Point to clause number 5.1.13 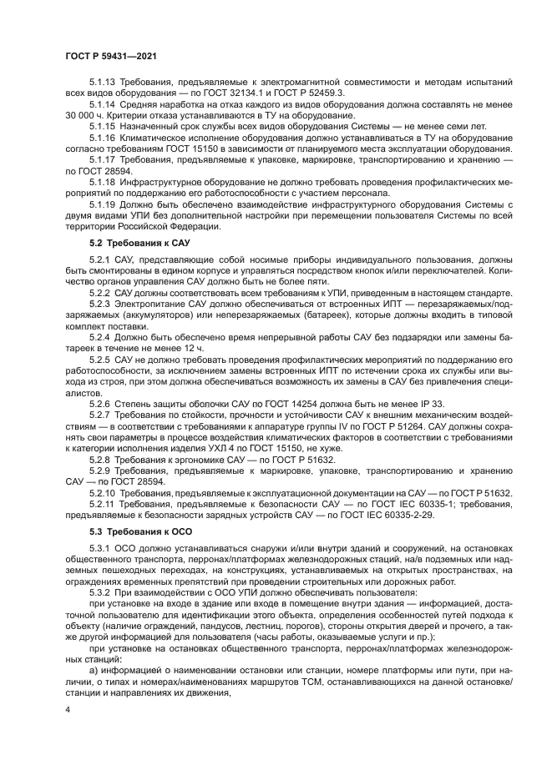pyautogui.click(x=103, y=83)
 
